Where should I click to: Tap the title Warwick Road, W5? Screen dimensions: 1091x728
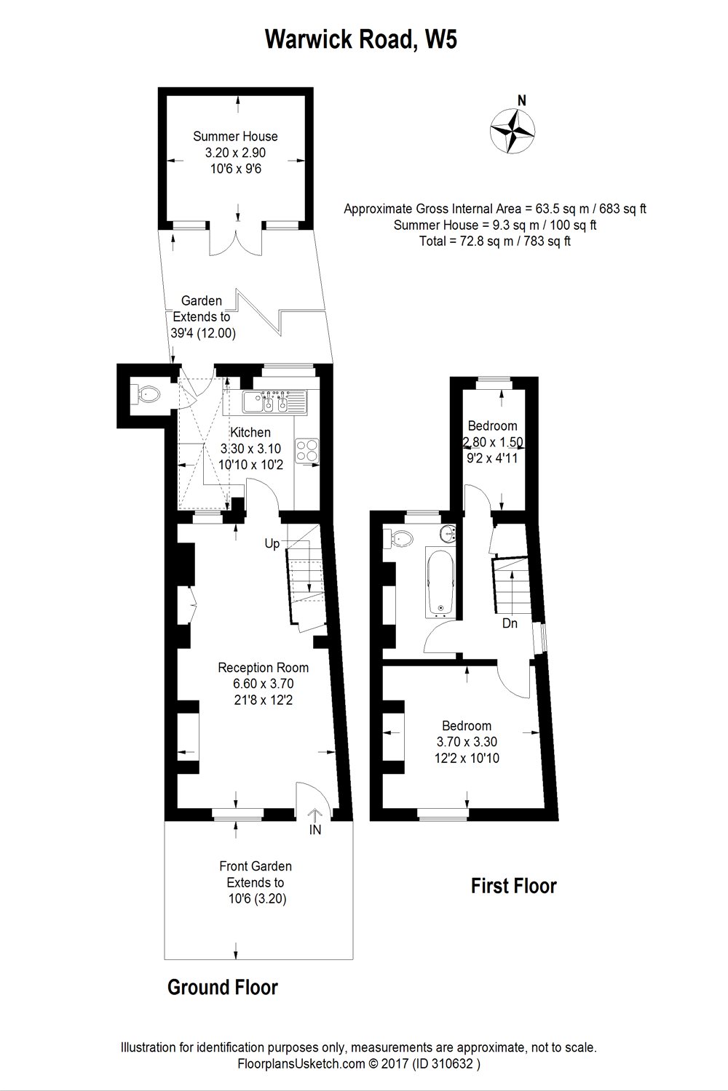coord(361,39)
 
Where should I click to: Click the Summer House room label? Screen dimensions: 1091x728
coord(235,136)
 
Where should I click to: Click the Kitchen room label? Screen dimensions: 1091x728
coord(250,433)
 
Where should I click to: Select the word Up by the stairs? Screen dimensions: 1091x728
coord(272,543)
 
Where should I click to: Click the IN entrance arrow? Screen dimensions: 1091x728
coord(315,822)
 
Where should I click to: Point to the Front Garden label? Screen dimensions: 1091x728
coord(256,866)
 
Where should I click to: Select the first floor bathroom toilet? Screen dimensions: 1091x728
coord(400,538)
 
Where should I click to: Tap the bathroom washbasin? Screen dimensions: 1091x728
coord(446,535)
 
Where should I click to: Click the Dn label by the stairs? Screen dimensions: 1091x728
coord(510,623)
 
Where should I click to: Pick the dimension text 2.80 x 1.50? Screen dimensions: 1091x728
coord(493,442)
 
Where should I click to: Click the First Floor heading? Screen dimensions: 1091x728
coord(513,886)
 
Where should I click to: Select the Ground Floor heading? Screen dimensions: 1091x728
coord(222,987)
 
